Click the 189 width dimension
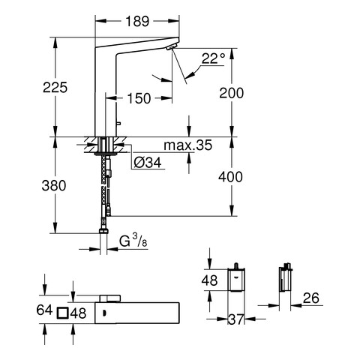137,21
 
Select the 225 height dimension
55,88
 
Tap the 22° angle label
213,58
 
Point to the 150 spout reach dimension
139,98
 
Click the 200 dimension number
231,93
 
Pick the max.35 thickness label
188,145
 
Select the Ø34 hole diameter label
148,163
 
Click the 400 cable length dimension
230,177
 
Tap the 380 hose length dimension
54,186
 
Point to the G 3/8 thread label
133,241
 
